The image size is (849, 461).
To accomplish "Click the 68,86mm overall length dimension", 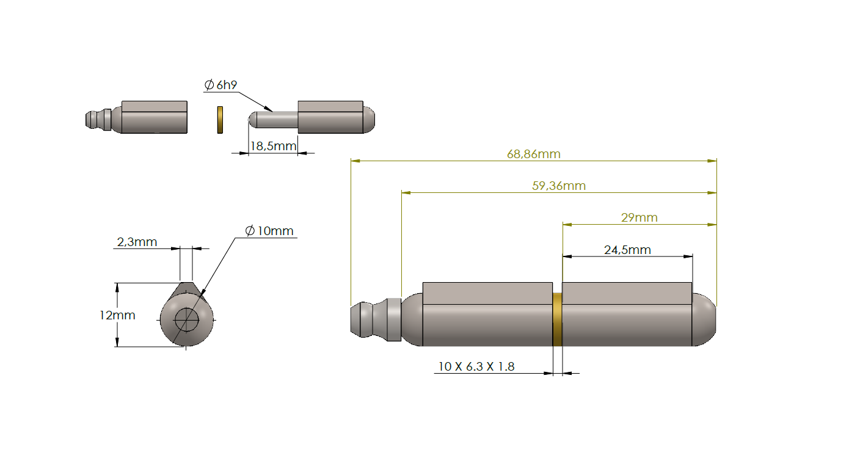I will click(x=533, y=154).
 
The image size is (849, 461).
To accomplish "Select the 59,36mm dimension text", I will click(x=558, y=186).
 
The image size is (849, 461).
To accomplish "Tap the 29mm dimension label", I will click(x=639, y=217).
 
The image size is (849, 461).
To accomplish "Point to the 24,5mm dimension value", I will click(x=627, y=250).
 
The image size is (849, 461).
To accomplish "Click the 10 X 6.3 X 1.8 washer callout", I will click(x=476, y=366).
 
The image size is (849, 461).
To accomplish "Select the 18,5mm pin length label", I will click(x=273, y=146).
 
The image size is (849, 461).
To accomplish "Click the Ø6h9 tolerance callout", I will click(x=220, y=85).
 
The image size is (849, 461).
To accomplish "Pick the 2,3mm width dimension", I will click(x=137, y=242).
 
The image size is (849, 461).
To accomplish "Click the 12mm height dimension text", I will click(x=117, y=315).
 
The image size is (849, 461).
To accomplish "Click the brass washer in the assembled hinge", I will click(x=557, y=319).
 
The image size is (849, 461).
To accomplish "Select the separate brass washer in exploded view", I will click(x=220, y=120).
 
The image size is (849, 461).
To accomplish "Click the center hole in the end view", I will click(x=186, y=319).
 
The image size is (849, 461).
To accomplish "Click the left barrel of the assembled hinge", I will click(x=487, y=314).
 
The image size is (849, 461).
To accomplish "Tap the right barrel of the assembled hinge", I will click(x=627, y=314).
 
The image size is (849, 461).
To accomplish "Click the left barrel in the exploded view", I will click(x=154, y=117).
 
